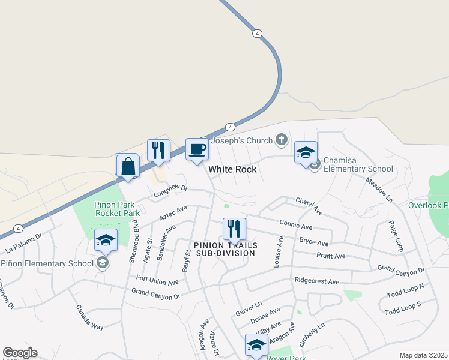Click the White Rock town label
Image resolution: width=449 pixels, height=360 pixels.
[x=232, y=169]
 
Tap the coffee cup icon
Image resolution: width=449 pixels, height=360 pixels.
[x=196, y=150]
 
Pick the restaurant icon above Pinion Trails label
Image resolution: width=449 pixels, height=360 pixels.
[x=234, y=229]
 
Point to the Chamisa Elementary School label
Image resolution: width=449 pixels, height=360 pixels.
[x=358, y=165]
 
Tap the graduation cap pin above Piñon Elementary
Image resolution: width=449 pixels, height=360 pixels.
[x=106, y=241]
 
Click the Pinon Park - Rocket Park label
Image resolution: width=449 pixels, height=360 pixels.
[x=117, y=208]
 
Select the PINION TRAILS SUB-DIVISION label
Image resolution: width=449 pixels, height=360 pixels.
[x=226, y=249]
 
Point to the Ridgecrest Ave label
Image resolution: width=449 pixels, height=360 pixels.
[x=317, y=281]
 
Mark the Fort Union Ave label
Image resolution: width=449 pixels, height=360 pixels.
[x=157, y=281]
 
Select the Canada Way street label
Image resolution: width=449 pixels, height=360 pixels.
[x=89, y=317]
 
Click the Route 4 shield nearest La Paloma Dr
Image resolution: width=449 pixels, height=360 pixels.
[x=19, y=229]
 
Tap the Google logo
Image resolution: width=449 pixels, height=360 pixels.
[x=20, y=353]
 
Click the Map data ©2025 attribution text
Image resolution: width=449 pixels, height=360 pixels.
[x=423, y=355]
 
